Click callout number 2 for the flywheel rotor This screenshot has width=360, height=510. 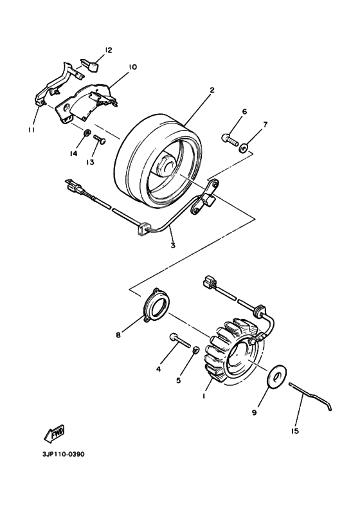tap(212, 90)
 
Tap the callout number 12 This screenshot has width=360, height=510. tap(108, 50)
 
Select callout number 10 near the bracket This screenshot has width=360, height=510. tap(132, 67)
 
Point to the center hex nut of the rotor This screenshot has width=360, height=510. tap(168, 165)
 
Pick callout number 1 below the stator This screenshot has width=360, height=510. tap(203, 397)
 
